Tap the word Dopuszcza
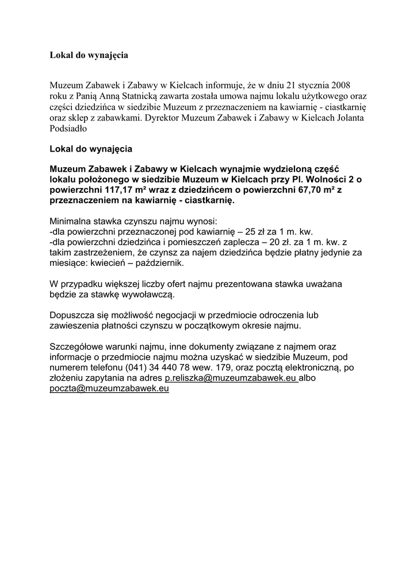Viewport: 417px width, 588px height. click(72, 315)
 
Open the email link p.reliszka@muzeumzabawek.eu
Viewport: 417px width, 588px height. click(231, 378)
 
